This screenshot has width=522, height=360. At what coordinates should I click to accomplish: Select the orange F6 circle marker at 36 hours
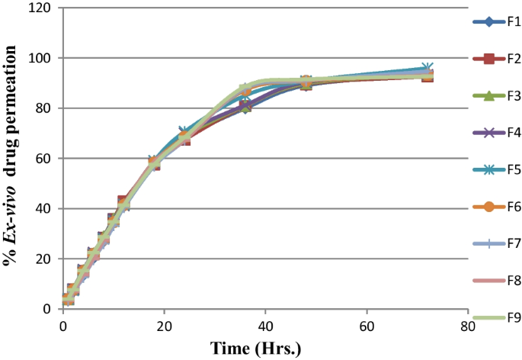[245, 90]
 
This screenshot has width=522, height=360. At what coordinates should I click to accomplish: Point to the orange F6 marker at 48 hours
[306, 82]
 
